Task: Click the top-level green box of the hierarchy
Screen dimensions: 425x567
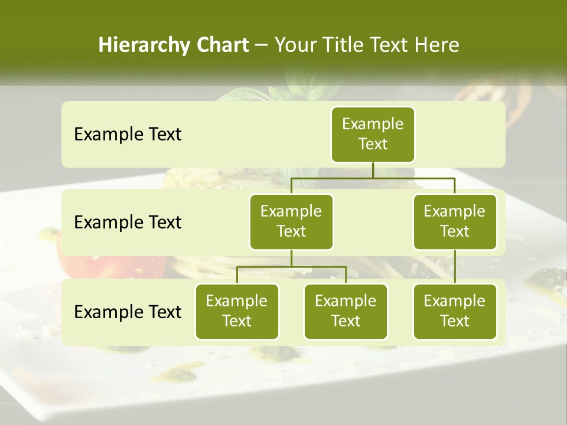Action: pos(373,135)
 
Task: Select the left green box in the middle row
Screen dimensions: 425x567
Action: pos(291,222)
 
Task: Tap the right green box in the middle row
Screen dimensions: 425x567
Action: pos(455,222)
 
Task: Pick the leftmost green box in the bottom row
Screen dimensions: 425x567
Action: pos(237,312)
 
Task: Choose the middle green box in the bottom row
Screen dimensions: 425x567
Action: pos(346,312)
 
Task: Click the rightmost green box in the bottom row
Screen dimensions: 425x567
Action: pos(455,312)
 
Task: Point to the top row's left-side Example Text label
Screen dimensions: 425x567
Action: pos(128,135)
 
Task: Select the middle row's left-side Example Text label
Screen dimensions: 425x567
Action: pos(128,223)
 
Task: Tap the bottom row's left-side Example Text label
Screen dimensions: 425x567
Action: pos(128,312)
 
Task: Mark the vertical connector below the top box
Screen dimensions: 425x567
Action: pos(373,170)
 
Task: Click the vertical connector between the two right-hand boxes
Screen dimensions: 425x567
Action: pos(455,267)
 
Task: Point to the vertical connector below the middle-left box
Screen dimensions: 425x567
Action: pos(291,259)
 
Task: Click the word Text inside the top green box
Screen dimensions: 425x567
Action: pos(373,144)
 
